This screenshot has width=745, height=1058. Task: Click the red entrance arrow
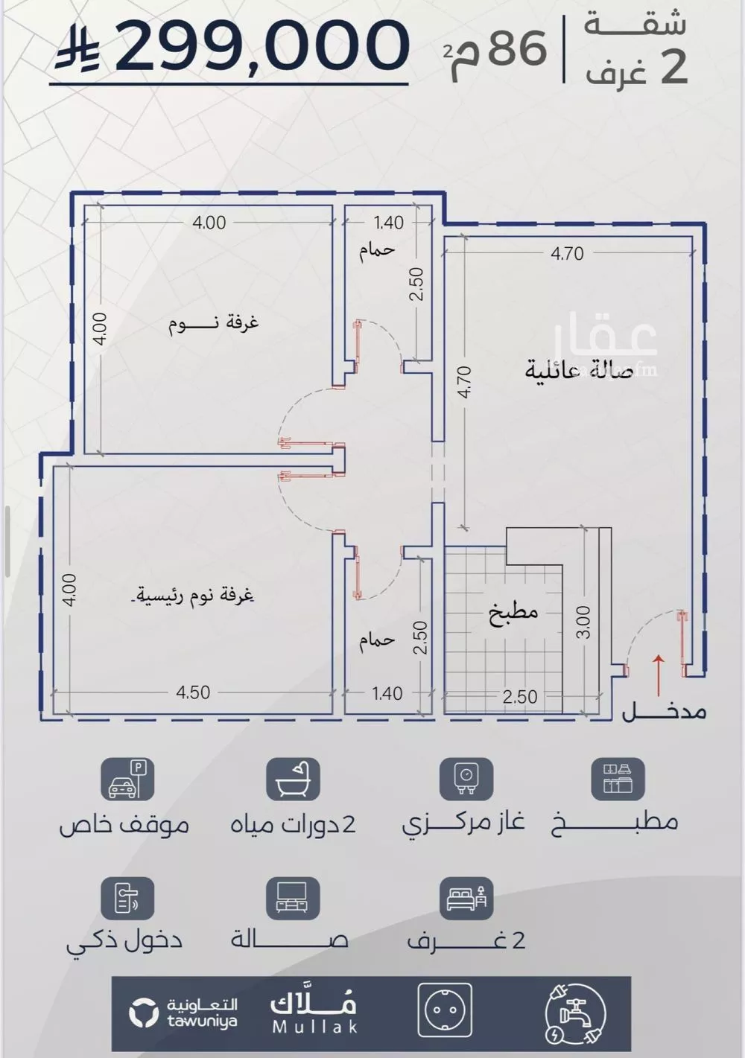(x=658, y=675)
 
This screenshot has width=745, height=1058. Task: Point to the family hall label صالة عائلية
(x=580, y=370)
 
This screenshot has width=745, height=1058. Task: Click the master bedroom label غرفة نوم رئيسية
(x=194, y=596)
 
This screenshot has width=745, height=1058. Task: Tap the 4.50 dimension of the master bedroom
(x=193, y=692)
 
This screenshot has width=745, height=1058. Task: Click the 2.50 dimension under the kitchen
(x=519, y=697)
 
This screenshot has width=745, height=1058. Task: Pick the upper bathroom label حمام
(x=376, y=250)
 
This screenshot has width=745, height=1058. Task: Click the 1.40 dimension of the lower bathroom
(x=387, y=694)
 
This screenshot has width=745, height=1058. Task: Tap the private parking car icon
(x=127, y=779)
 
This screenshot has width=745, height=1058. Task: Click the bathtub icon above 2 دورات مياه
(x=293, y=779)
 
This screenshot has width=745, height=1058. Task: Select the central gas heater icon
(x=466, y=779)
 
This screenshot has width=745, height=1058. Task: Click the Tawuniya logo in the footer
(x=183, y=1013)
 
